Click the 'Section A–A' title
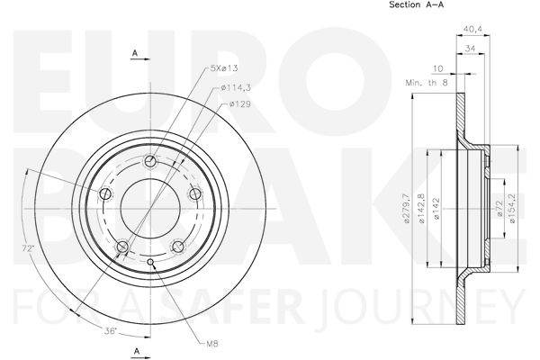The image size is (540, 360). point(416,4)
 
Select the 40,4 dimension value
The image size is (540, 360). point(472,30)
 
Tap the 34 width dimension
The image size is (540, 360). point(470,49)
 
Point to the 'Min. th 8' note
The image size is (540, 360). point(427,83)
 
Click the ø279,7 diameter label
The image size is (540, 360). point(407,209)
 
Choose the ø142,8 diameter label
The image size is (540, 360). point(421,209)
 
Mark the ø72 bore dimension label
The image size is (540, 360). point(500,209)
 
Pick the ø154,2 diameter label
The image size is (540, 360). point(512,209)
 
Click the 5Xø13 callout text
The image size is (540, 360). point(224,67)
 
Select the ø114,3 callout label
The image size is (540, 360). point(236,88)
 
